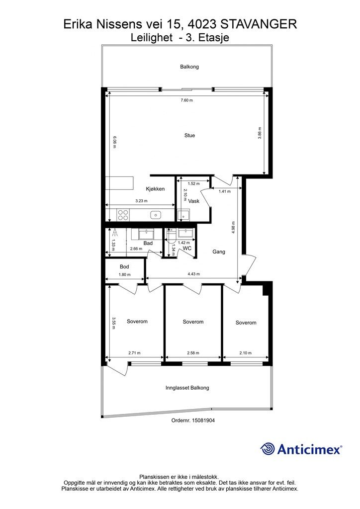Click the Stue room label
(x=189, y=135)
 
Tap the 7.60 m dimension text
(x=186, y=100)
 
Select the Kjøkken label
(x=155, y=189)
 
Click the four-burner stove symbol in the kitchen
(x=123, y=215)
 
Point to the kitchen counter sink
(x=156, y=215)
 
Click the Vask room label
(x=194, y=201)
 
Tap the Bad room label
(x=148, y=243)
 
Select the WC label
(x=187, y=249)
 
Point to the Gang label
(x=219, y=252)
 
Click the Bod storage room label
(x=124, y=267)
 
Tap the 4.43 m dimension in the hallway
(x=193, y=274)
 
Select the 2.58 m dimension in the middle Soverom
(x=193, y=353)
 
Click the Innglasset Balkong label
(x=187, y=388)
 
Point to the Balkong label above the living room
(x=189, y=67)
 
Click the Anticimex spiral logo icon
(x=267, y=449)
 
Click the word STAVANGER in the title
(x=259, y=24)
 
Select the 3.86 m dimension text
(x=260, y=133)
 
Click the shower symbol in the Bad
(x=114, y=232)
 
